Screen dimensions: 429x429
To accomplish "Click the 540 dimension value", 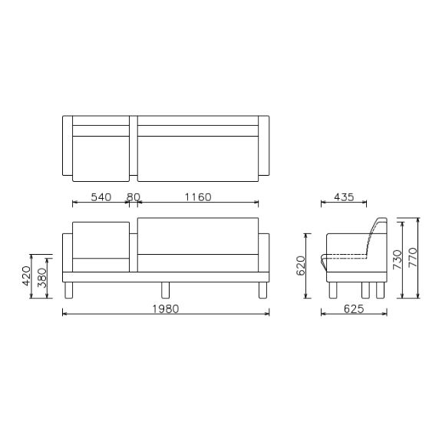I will (x=101, y=197).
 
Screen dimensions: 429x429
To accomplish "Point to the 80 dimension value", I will (x=133, y=197).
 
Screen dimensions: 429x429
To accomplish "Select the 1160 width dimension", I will (x=197, y=197).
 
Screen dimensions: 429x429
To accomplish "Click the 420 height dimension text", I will (x=27, y=275).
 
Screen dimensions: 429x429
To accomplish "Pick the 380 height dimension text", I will (x=42, y=275).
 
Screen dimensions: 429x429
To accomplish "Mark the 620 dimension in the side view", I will (x=302, y=266).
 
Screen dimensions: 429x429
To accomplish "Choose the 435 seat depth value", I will (x=344, y=197).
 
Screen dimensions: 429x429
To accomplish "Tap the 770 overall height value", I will (x=413, y=256).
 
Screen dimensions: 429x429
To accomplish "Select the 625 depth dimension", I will (x=352, y=309).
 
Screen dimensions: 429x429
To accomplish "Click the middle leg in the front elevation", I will (x=165, y=290).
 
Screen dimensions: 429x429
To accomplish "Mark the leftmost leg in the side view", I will (x=333, y=290).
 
